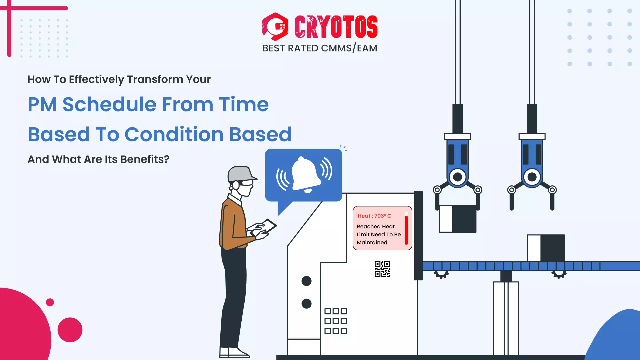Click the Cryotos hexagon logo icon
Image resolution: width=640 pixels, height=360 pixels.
coord(275,27)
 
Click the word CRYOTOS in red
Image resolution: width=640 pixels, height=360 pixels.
coord(336,27)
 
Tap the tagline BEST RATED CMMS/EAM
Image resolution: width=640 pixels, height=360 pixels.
coord(320,48)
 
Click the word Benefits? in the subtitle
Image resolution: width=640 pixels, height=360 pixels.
coord(145,159)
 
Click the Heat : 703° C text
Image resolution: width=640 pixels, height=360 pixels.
coord(374,216)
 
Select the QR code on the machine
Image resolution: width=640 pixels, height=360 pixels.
coord(382,269)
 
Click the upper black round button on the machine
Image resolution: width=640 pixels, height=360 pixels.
coord(306,281)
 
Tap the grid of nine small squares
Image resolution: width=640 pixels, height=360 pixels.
coord(336,321)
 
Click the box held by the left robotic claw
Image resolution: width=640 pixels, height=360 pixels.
coord(457,219)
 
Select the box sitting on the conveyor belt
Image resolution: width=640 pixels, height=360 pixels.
coord(546,248)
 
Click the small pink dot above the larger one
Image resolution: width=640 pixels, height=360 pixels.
coord(50,302)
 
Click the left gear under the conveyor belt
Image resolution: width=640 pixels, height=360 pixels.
coord(441,274)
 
